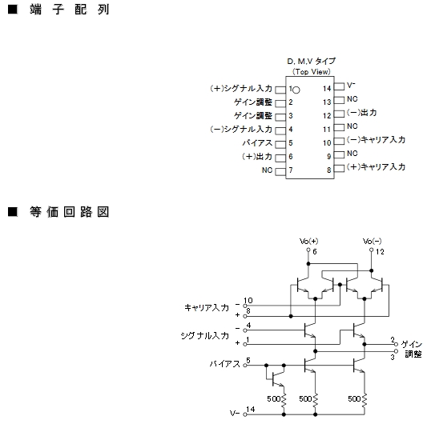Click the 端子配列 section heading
coord(70,10)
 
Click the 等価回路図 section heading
coord(70,212)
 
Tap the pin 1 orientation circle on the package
coord(296,90)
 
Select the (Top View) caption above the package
coord(312,72)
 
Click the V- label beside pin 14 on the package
coord(351,86)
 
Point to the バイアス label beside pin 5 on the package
coord(257,143)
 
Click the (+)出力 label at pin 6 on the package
coord(257,157)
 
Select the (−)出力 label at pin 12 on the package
coord(362,113)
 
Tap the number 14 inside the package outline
coord(327,89)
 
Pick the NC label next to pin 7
coord(267,170)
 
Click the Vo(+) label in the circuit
coord(308,242)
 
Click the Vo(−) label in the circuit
coord(372,242)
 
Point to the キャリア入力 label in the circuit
coord(207,307)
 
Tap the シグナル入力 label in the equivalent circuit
coord(205,335)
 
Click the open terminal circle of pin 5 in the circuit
coord(245,366)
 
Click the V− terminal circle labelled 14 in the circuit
coord(245,414)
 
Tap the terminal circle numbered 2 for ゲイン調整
coord(396,344)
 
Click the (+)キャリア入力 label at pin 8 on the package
coord(376,166)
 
